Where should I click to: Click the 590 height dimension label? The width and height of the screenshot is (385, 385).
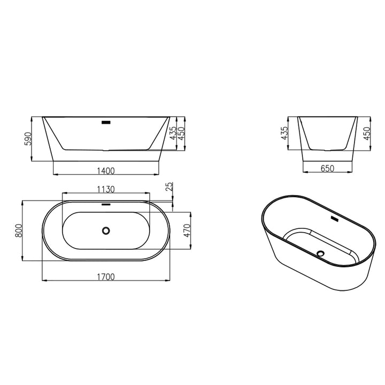tap(28, 138)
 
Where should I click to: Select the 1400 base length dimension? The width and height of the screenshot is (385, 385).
tap(106, 171)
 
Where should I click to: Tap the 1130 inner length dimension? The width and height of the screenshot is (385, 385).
tap(106, 189)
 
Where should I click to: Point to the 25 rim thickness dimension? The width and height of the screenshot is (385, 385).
tap(170, 187)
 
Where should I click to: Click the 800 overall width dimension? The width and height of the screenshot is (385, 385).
tap(18, 232)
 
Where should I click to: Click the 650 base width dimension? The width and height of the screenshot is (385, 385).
tap(327, 168)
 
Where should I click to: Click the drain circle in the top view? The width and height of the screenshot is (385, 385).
tap(106, 230)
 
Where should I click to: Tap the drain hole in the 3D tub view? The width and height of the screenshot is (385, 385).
tap(321, 253)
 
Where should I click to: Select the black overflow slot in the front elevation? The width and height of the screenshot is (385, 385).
tap(106, 122)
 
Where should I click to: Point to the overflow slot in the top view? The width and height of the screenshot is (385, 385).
tap(106, 203)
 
